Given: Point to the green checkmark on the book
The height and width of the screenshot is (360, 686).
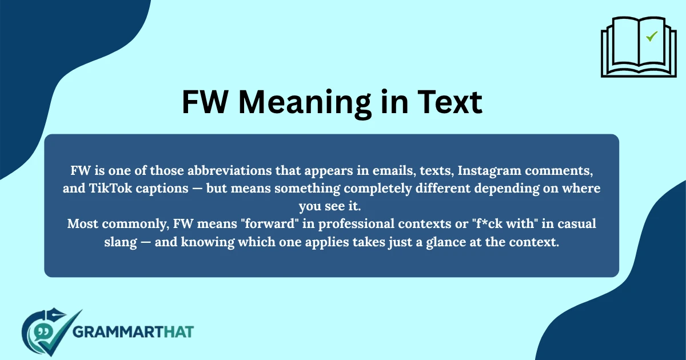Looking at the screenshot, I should click(651, 37).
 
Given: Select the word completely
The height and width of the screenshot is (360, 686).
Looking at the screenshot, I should click(361, 189).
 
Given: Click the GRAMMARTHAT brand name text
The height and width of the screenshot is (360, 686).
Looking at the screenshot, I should click(134, 331).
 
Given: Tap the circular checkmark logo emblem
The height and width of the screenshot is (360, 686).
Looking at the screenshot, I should click(49, 333).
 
